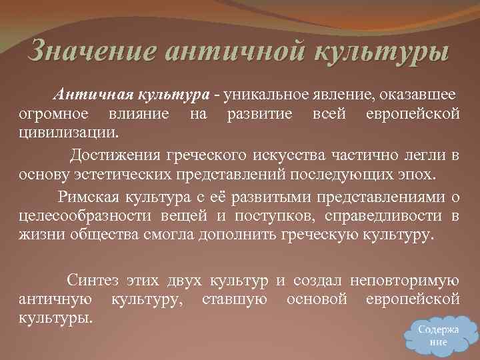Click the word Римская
[x=85, y=195]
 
